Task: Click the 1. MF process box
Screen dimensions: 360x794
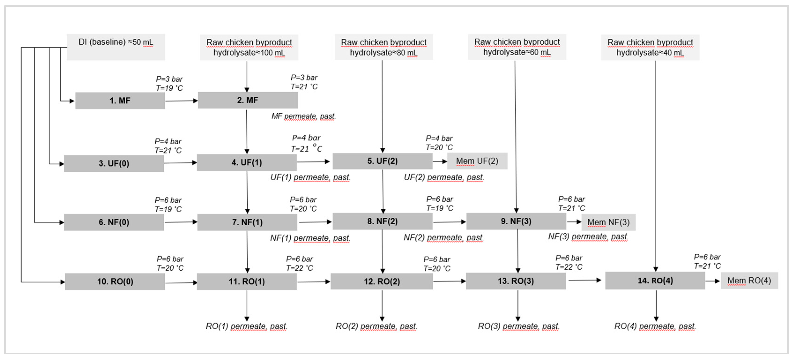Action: [120, 100]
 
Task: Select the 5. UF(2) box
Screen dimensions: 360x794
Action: [382, 161]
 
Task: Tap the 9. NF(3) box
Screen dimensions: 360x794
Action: [516, 221]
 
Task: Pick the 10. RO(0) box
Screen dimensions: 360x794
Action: [115, 281]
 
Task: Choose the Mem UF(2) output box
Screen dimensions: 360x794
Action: [477, 161]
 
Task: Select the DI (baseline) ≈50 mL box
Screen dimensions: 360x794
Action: [115, 47]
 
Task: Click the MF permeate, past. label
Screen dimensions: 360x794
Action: [303, 116]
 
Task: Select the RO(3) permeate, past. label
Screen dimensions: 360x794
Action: [518, 326]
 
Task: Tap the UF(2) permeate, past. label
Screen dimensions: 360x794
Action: [444, 177]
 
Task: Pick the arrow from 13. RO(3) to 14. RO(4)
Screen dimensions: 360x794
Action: [585, 280]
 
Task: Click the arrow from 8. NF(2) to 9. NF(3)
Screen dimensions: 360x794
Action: [449, 222]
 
